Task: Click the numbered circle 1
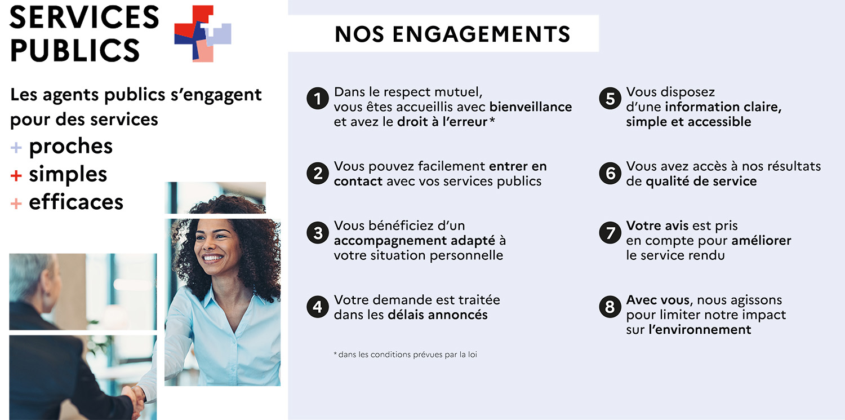318,99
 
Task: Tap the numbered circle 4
318,307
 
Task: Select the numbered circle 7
610,232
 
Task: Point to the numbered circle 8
610,307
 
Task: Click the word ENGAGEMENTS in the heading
481,34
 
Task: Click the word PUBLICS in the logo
75,50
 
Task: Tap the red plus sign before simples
16,175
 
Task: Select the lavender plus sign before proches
16,147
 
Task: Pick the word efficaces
76,201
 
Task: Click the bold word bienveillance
531,107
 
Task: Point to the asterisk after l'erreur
492,120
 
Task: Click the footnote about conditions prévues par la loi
405,355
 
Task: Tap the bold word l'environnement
700,329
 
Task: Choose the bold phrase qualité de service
701,182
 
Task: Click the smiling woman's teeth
213,259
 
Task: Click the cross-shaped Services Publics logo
203,34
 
